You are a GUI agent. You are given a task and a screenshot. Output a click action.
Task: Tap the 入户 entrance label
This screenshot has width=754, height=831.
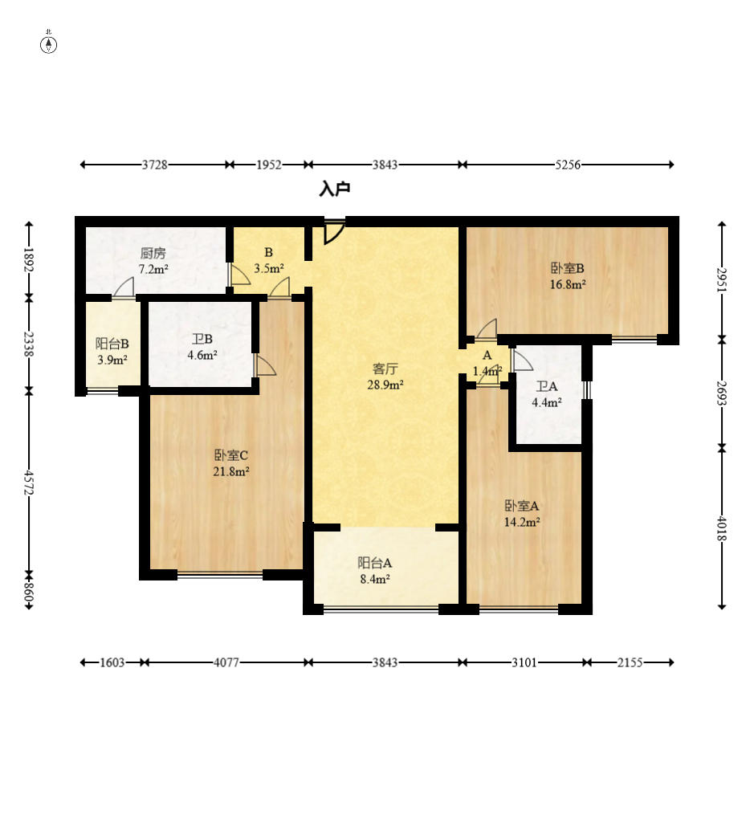coord(335,189)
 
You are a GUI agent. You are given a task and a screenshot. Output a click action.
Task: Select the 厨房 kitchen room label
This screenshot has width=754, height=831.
coord(153,253)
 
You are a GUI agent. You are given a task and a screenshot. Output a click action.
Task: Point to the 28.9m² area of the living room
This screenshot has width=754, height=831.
coord(385,385)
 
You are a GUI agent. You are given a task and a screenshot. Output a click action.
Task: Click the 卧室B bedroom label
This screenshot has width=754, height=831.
coord(568,268)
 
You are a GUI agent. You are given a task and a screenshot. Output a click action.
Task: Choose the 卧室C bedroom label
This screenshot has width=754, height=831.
coord(231,454)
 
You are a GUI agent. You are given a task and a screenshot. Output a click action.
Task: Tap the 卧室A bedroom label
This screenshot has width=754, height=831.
coord(522,506)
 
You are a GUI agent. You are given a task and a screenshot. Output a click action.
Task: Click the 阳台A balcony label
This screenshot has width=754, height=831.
coord(375,563)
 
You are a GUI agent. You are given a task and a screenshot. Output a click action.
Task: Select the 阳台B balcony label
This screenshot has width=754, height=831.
coord(112,344)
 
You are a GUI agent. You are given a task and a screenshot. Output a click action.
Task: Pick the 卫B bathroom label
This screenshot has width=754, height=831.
coord(202,339)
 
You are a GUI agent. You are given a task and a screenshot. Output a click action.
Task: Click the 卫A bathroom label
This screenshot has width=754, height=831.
coord(547,386)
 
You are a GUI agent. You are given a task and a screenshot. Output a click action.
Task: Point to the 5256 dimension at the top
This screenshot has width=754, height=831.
coord(568,165)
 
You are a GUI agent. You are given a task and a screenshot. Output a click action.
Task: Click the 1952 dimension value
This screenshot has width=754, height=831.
coord(269,165)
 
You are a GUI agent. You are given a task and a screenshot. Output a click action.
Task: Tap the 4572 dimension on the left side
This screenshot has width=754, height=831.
coord(29,483)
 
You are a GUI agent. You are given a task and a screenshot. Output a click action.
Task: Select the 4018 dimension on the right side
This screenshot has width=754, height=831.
coord(721,528)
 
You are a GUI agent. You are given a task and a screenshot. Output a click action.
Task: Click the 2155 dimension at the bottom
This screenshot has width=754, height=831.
coord(630,662)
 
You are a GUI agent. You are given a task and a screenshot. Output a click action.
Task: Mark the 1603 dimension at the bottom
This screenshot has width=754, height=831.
coord(112,662)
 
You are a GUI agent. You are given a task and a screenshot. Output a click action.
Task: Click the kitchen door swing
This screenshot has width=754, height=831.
coord(124,287)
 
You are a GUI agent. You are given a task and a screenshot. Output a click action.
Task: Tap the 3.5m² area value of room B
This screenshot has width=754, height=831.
coord(269,268)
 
